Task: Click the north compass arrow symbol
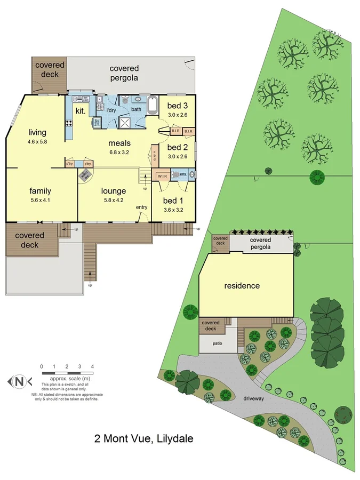[x=19, y=381]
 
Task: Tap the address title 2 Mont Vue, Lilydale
[x=143, y=439]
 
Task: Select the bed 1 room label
[x=173, y=201]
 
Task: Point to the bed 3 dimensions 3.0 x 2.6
[x=178, y=114]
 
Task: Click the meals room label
[x=119, y=143]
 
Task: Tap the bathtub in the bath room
[x=153, y=105]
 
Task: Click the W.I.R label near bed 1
[x=163, y=176]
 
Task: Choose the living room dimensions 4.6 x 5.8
[x=37, y=142]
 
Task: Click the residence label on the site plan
[x=242, y=286]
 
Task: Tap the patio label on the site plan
[x=217, y=343]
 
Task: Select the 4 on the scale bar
[x=93, y=366]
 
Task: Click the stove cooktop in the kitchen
[x=69, y=124]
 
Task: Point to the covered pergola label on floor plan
[x=124, y=73]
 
